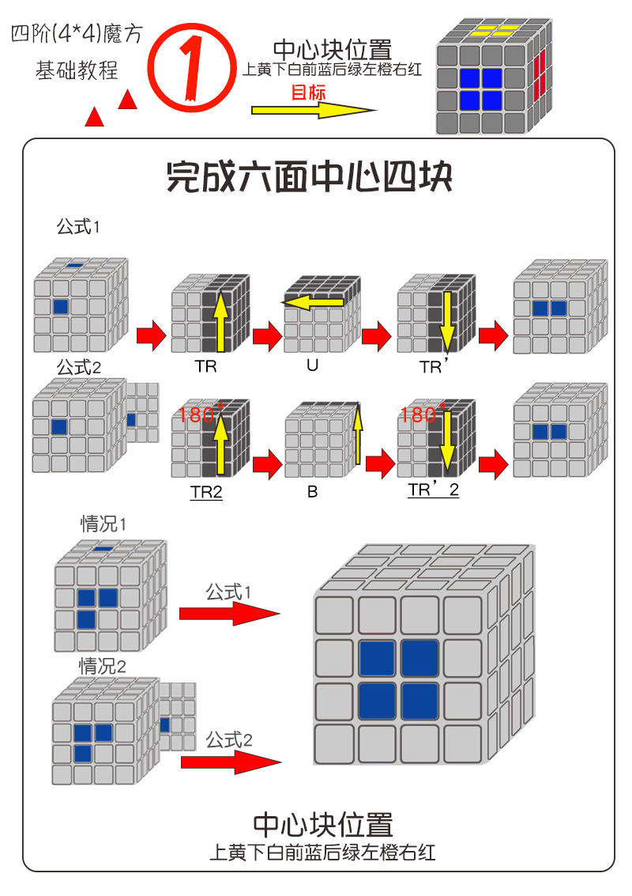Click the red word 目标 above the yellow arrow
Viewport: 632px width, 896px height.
tap(308, 93)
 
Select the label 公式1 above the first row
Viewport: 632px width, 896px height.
tap(78, 227)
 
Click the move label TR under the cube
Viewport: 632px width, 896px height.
tap(205, 367)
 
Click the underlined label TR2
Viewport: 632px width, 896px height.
tap(206, 492)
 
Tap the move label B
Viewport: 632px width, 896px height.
tap(313, 492)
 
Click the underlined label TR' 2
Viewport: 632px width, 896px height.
tap(433, 490)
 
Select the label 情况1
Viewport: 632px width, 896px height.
tap(103, 524)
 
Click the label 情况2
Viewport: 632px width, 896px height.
tap(102, 666)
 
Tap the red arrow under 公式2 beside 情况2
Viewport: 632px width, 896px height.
tap(231, 762)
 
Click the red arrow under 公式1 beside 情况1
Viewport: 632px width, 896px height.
tap(229, 614)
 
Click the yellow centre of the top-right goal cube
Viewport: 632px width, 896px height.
tap(491, 31)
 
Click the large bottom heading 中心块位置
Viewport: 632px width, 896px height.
tap(322, 826)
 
